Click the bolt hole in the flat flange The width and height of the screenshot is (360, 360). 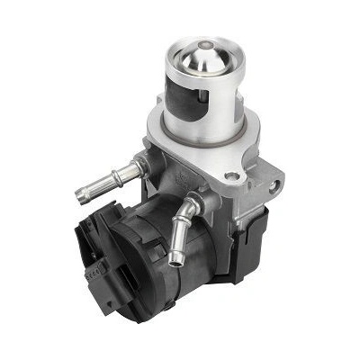click(x=232, y=176)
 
